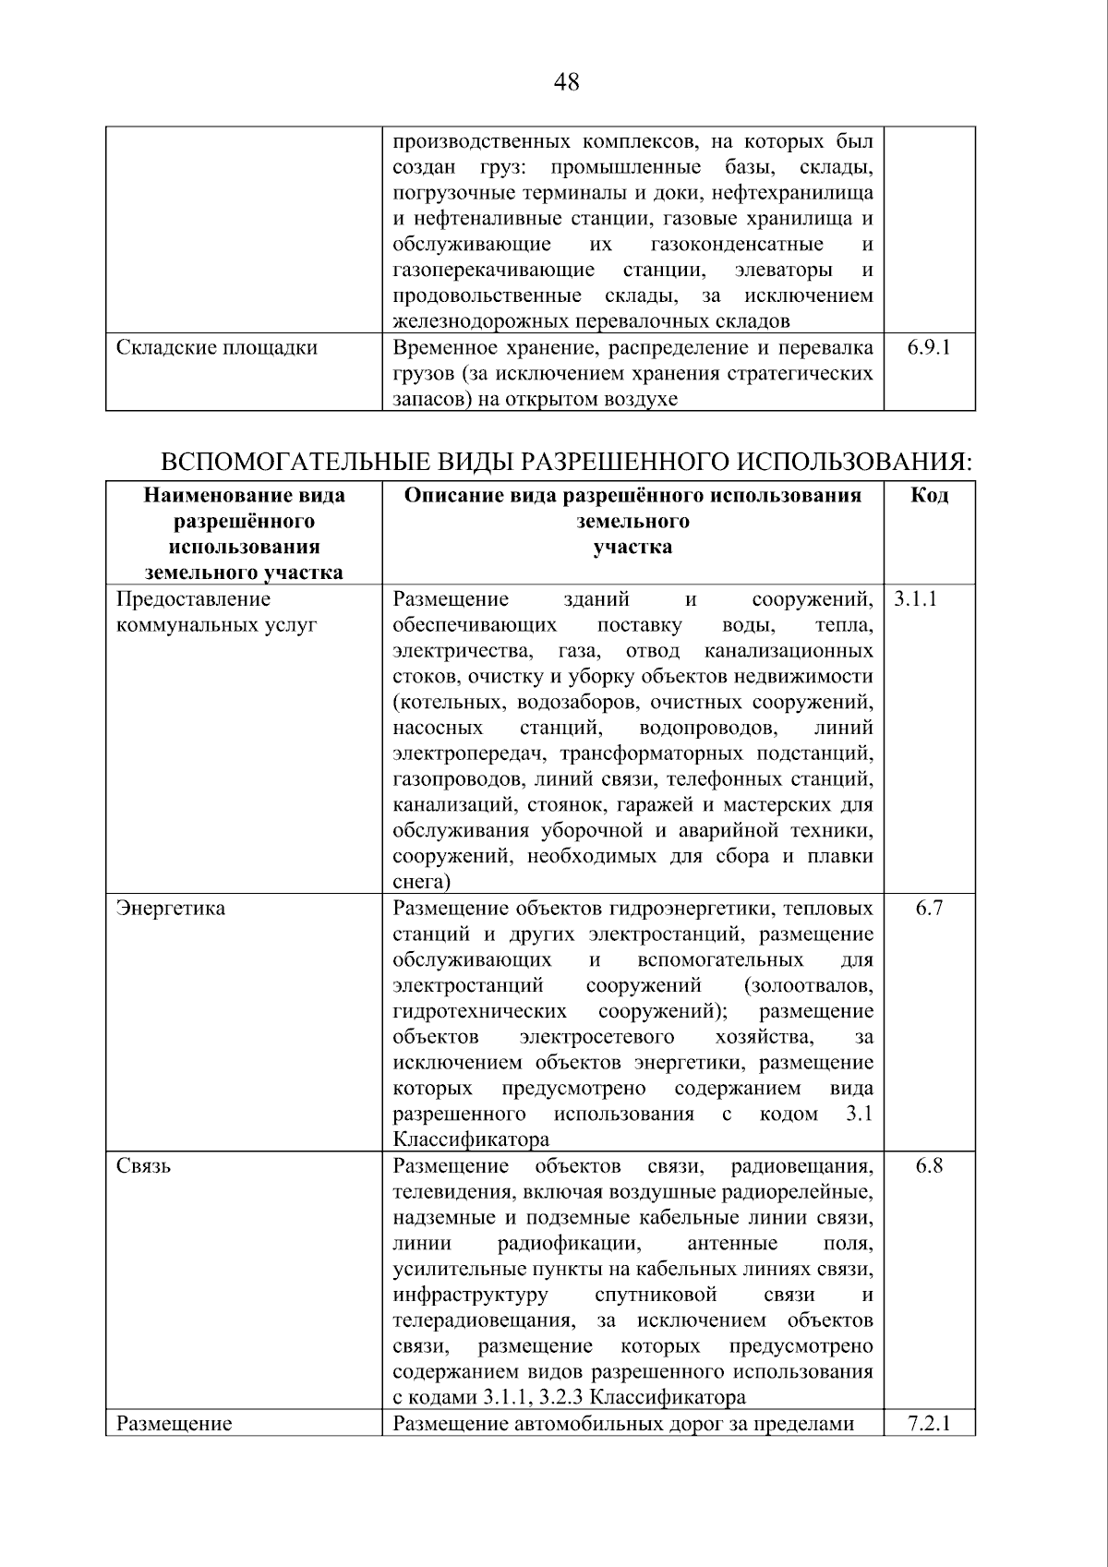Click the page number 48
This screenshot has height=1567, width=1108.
(566, 83)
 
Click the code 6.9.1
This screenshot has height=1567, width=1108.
(929, 347)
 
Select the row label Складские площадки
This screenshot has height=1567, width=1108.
(217, 347)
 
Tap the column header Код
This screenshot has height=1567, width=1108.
(929, 495)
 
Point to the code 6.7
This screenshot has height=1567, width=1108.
(929, 908)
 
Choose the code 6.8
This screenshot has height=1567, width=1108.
(929, 1165)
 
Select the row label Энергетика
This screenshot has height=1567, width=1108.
(171, 908)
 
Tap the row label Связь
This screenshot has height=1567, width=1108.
(144, 1165)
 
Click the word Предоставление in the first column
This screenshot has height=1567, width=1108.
(193, 598)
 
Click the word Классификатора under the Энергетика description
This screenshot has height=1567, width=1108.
(471, 1139)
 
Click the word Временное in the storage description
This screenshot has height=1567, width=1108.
(442, 347)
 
